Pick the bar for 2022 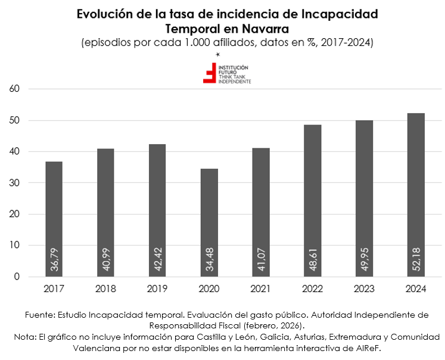(313, 191)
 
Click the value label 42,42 (158, 260)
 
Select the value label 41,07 (262, 260)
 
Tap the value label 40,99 (106, 260)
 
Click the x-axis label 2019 (157, 289)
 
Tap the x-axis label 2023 (365, 289)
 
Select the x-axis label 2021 (261, 289)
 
